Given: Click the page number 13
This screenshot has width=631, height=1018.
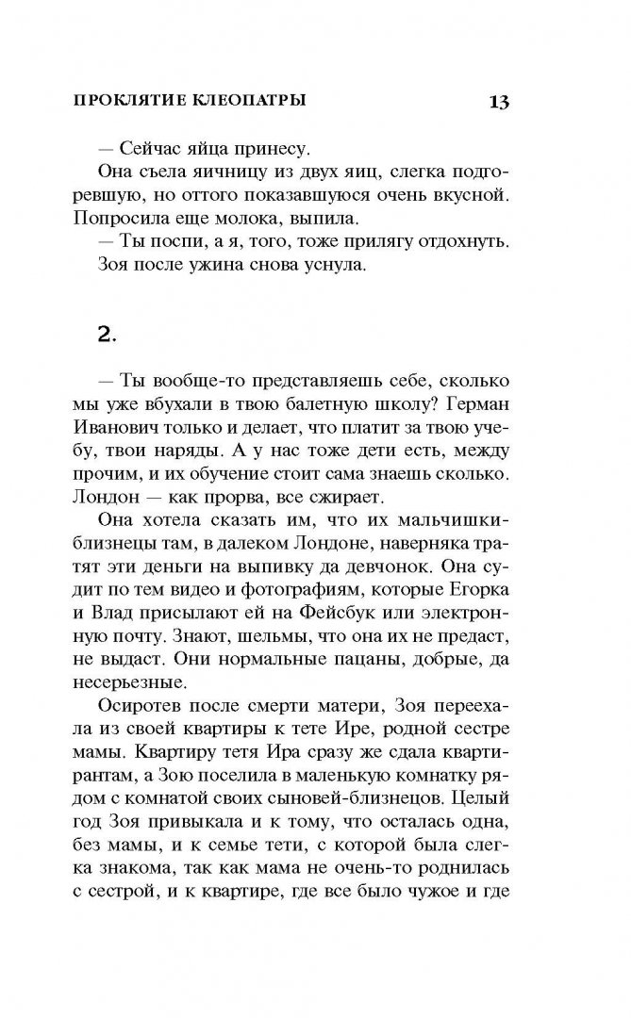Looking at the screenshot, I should [498, 102].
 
